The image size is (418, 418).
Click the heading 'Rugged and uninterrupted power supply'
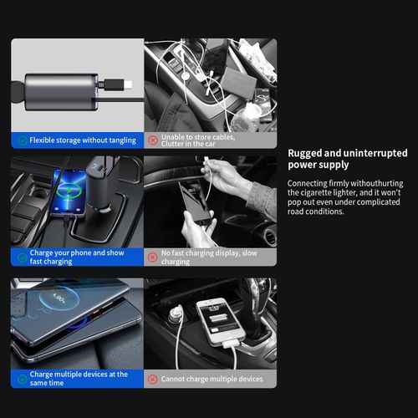coord(347,159)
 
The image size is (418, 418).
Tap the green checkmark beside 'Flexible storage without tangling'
coord(21,140)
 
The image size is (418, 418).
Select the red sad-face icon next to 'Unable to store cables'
coord(153,140)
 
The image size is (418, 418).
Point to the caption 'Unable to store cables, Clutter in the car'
coord(197,140)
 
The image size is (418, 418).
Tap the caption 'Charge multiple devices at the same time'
coord(79,379)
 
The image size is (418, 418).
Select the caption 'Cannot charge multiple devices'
coord(212,380)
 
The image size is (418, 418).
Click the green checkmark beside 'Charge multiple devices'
coord(21,379)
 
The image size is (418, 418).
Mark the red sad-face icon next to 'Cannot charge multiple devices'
coord(153,380)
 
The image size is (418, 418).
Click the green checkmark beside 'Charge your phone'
coord(21,257)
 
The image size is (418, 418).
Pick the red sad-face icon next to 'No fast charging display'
coord(153,257)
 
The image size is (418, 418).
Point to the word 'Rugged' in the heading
coord(307,153)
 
